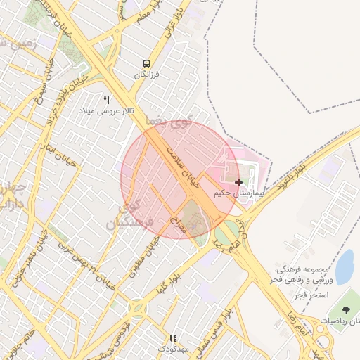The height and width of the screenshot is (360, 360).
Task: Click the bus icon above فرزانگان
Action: tap(146, 63)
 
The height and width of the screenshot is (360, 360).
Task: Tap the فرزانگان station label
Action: tap(147, 74)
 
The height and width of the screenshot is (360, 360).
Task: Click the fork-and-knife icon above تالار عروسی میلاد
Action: tap(107, 101)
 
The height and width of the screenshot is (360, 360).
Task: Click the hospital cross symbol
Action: tap(238, 182)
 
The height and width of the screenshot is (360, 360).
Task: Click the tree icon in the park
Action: tap(345, 310)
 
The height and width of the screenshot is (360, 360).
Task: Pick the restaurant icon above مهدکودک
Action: tap(173, 338)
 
